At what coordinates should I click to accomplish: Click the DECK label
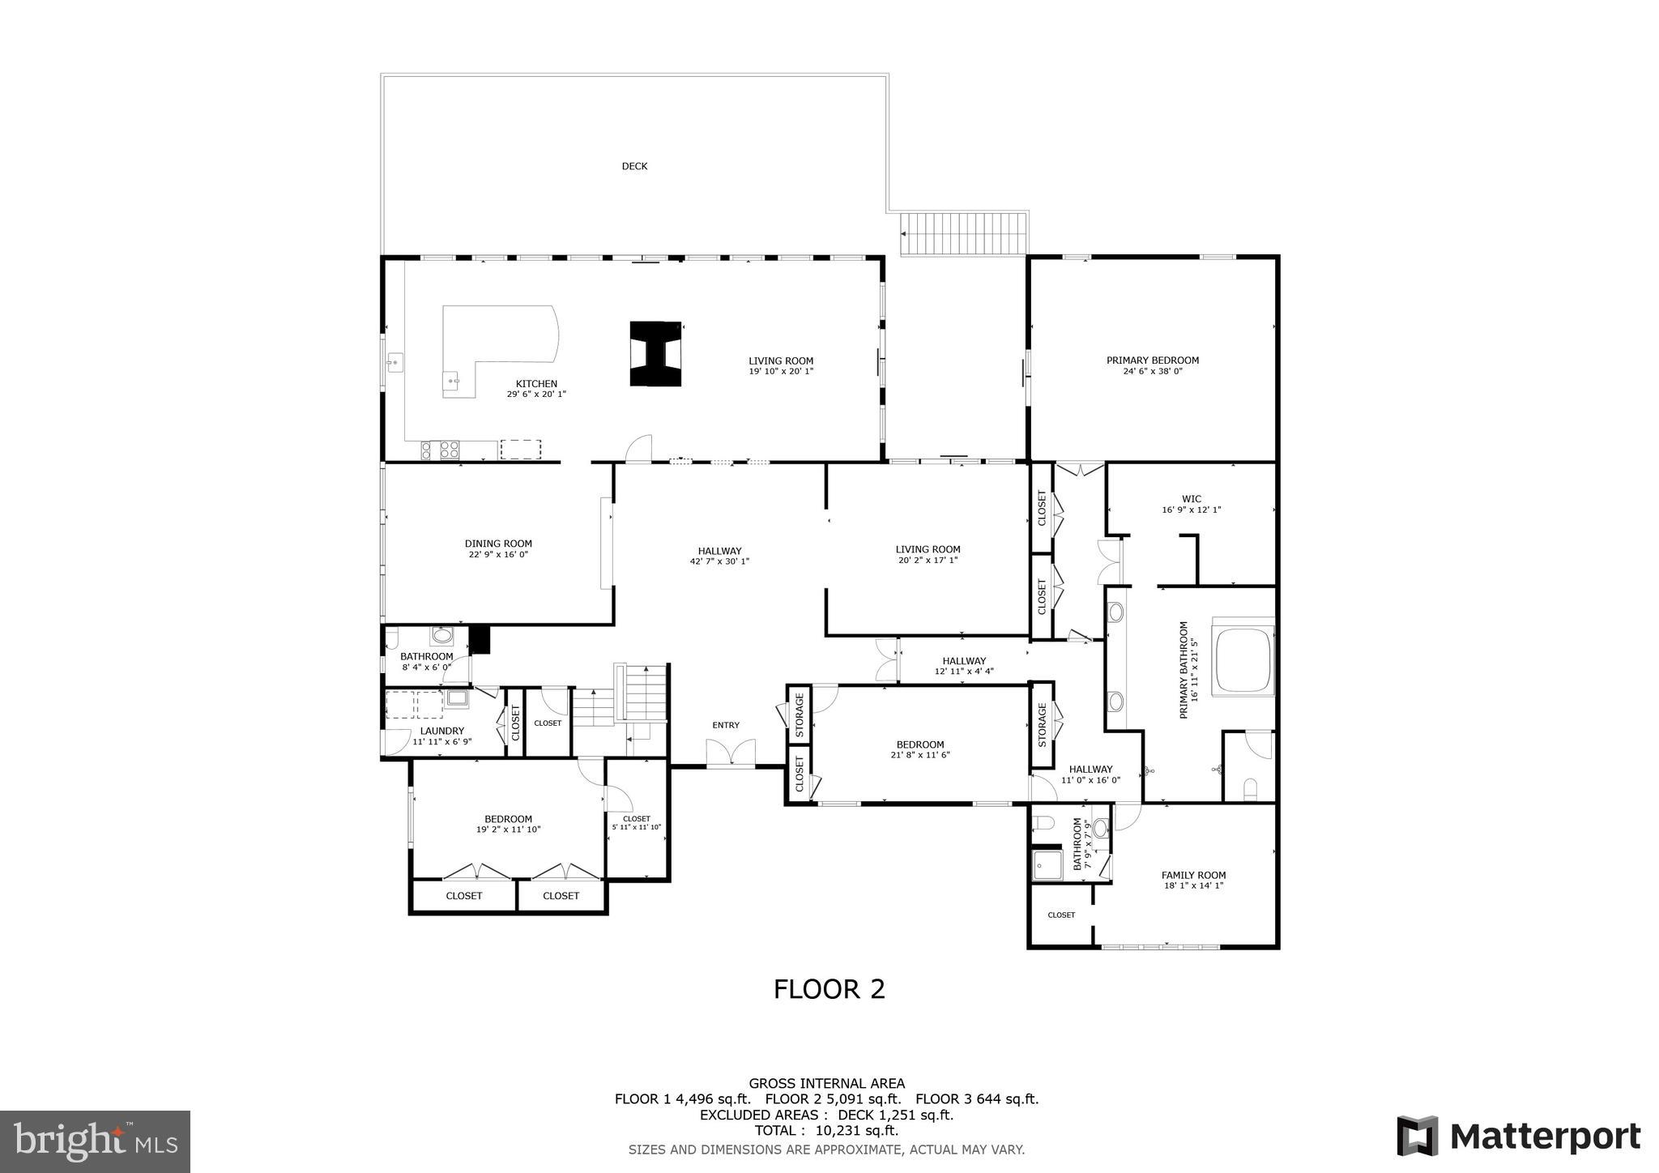click(x=634, y=166)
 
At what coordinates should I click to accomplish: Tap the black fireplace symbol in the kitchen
click(x=656, y=353)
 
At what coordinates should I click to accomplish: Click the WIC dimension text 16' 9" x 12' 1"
click(x=1191, y=510)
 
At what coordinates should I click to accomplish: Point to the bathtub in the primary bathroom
click(x=1241, y=656)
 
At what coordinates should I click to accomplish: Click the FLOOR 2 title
click(x=829, y=989)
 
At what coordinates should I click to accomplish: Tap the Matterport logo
click(x=1518, y=1137)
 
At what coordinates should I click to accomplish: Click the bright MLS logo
click(x=96, y=1142)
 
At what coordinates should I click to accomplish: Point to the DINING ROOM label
click(x=498, y=544)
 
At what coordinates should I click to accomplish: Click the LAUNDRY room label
click(x=441, y=731)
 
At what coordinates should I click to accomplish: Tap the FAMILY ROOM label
click(x=1193, y=875)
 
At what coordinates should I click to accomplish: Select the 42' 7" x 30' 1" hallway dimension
click(x=719, y=561)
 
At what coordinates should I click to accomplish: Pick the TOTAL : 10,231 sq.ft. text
click(x=826, y=1131)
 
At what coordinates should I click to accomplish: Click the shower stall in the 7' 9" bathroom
click(x=1046, y=865)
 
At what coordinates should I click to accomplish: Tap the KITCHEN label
click(x=536, y=384)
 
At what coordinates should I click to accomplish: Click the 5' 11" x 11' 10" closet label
click(x=637, y=827)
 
